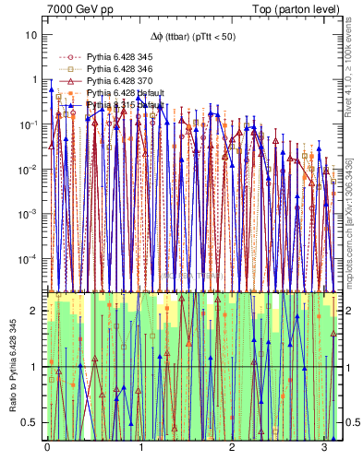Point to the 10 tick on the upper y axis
[31, 35]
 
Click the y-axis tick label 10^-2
[28, 170]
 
